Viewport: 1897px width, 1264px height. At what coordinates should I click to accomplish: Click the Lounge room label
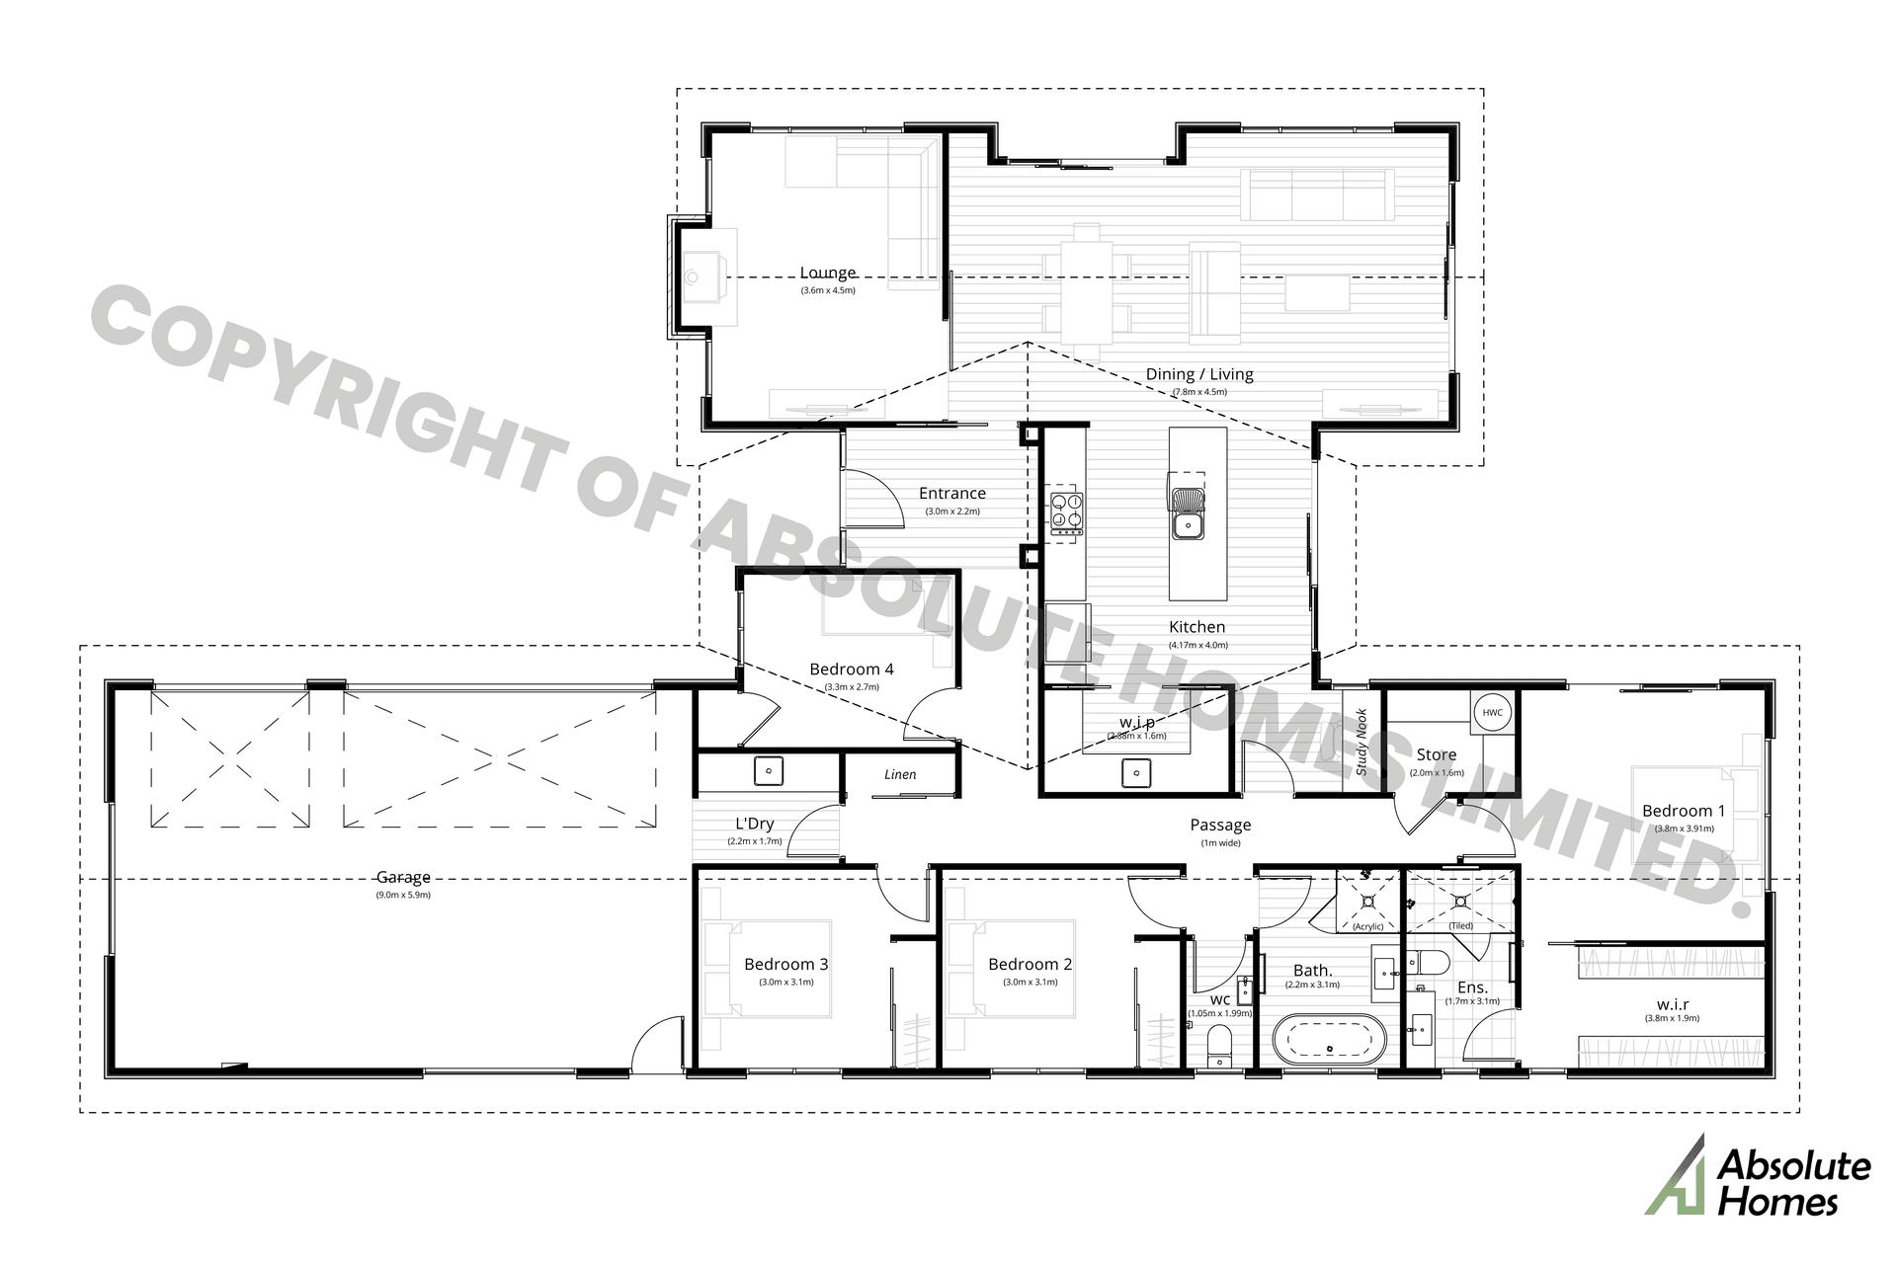pyautogui.click(x=828, y=273)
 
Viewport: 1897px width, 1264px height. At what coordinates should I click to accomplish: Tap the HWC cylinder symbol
pyautogui.click(x=1492, y=712)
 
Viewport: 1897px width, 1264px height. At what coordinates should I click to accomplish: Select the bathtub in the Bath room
pyautogui.click(x=1329, y=1040)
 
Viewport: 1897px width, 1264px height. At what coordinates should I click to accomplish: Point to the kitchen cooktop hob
pyautogui.click(x=1067, y=513)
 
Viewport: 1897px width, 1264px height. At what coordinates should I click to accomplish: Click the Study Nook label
pyautogui.click(x=1361, y=742)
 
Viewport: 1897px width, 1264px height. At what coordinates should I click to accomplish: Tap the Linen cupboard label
pyautogui.click(x=900, y=774)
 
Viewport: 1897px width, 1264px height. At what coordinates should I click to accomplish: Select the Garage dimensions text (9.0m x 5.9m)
pyautogui.click(x=403, y=895)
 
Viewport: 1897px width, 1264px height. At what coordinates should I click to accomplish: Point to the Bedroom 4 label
pyautogui.click(x=851, y=670)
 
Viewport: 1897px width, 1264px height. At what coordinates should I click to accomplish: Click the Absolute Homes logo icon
pyautogui.click(x=1676, y=1176)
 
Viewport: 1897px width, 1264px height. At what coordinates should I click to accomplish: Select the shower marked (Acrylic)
pyautogui.click(x=1368, y=900)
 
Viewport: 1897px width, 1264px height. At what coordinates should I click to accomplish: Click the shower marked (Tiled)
pyautogui.click(x=1461, y=900)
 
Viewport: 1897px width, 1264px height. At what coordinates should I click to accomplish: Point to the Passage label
pyautogui.click(x=1220, y=825)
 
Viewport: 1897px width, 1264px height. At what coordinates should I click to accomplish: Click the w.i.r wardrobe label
pyautogui.click(x=1672, y=1004)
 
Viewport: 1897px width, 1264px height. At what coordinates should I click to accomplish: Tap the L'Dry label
pyautogui.click(x=755, y=824)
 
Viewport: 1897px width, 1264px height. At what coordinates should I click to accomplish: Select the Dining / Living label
pyautogui.click(x=1199, y=374)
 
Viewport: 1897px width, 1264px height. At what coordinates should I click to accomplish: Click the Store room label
pyautogui.click(x=1437, y=754)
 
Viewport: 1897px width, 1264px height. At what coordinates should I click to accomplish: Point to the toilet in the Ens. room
pyautogui.click(x=1430, y=961)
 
